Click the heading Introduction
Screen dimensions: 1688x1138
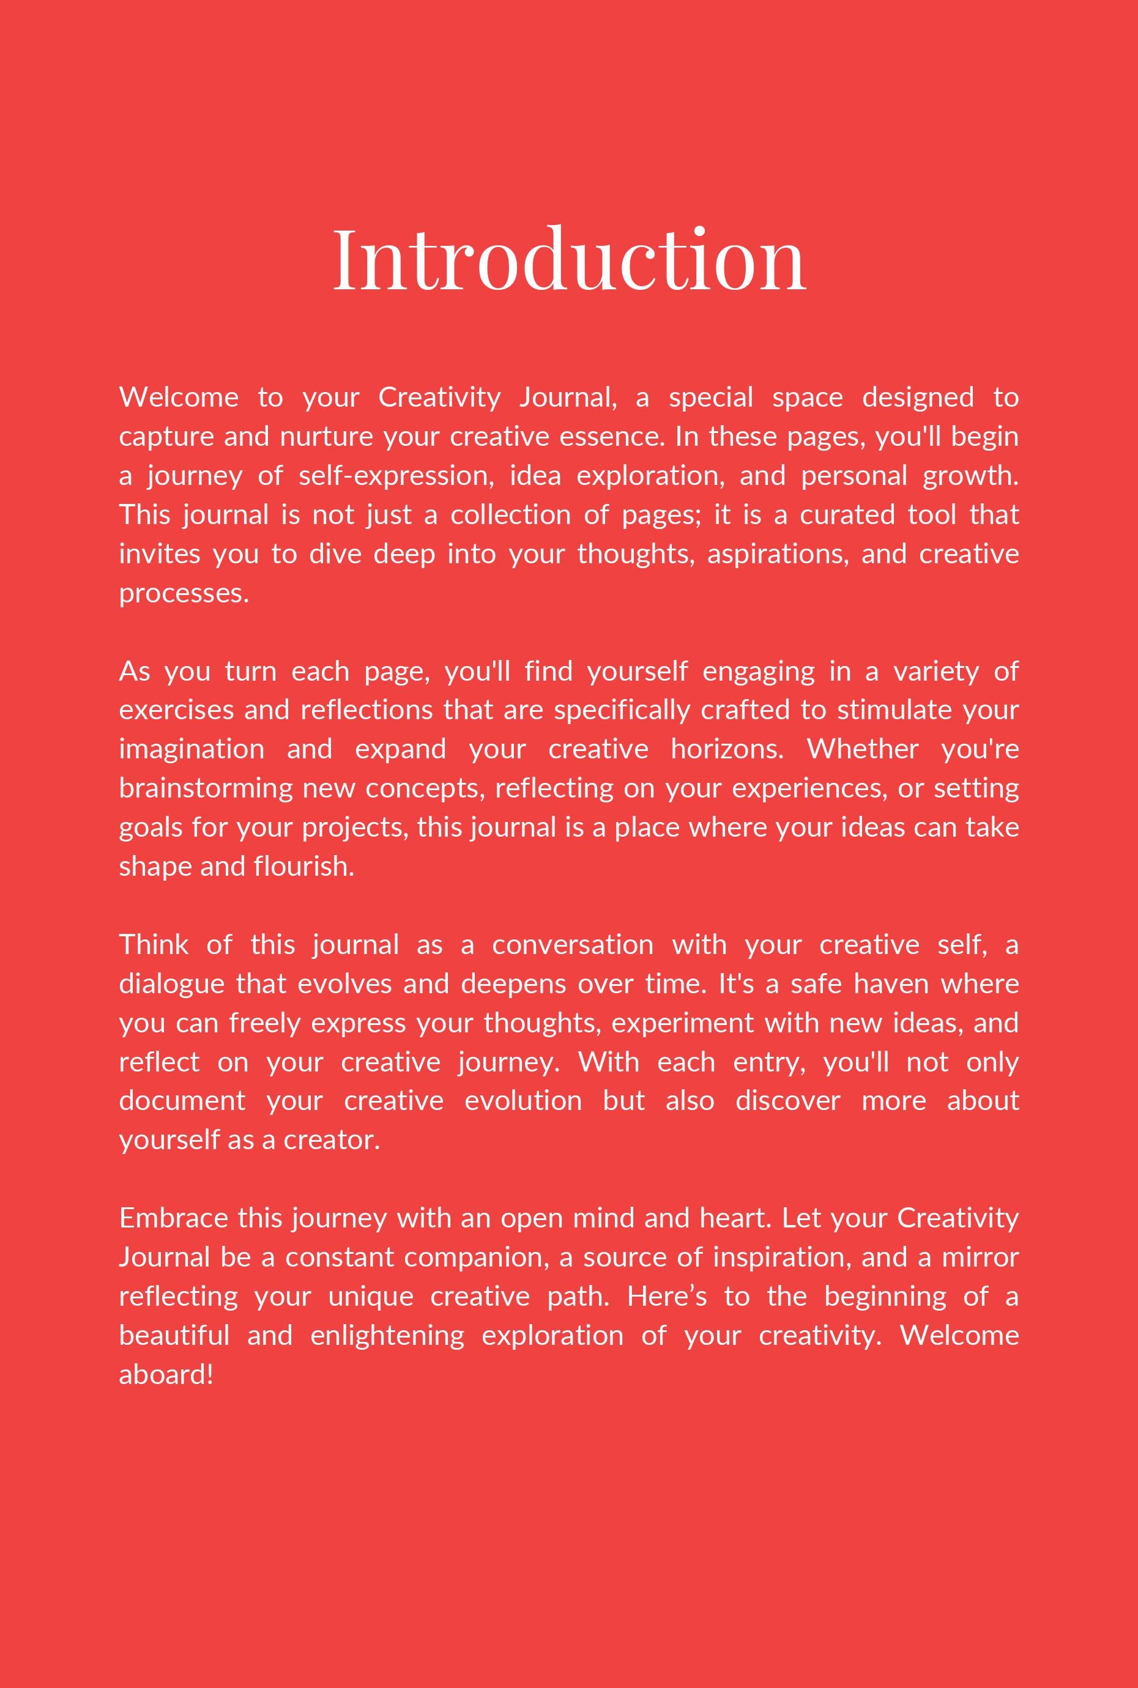[x=569, y=259]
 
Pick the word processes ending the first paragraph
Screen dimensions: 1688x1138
[x=183, y=593]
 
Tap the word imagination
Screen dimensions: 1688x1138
[x=192, y=749]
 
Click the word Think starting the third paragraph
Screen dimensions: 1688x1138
[x=154, y=944]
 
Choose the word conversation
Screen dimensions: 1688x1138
[x=572, y=944]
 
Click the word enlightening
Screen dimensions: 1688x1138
[x=387, y=1336]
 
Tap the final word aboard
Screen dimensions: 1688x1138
[x=165, y=1375]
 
